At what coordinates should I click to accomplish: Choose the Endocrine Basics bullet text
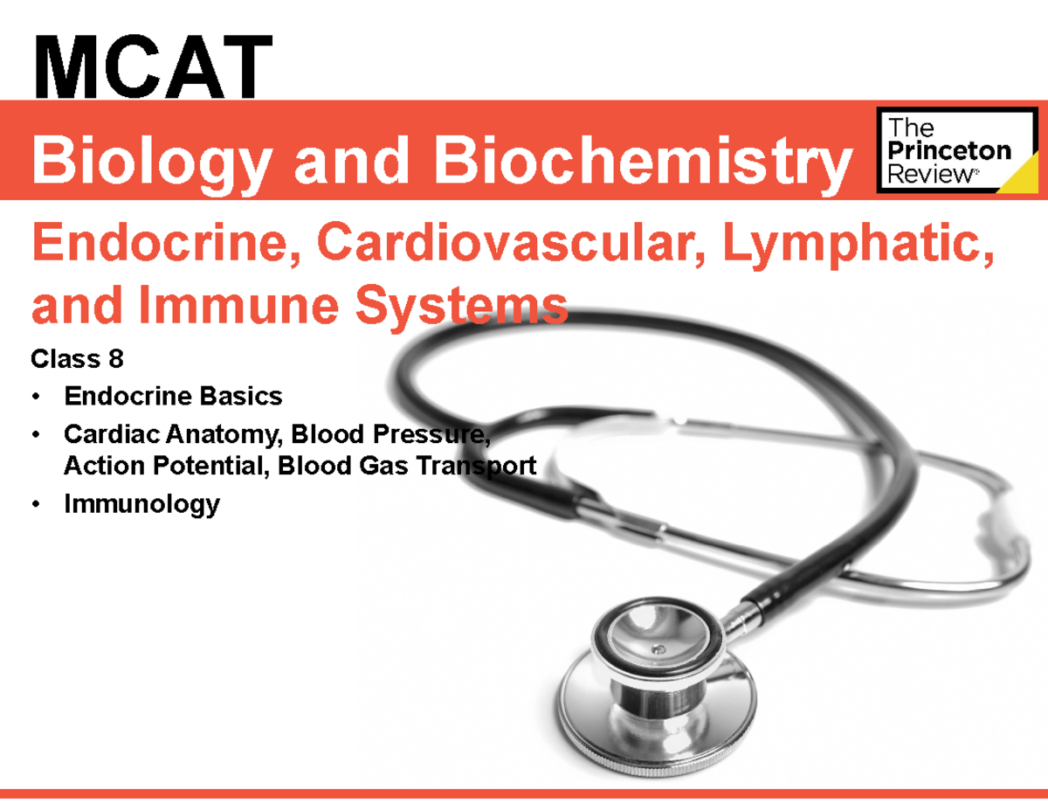173,397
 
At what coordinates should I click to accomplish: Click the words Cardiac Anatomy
174,433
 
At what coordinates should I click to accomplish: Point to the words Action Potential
162,466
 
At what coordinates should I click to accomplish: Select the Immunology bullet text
141,504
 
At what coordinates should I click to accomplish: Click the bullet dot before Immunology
36,505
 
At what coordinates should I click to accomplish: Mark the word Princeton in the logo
948,151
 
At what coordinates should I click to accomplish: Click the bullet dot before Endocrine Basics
36,398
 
